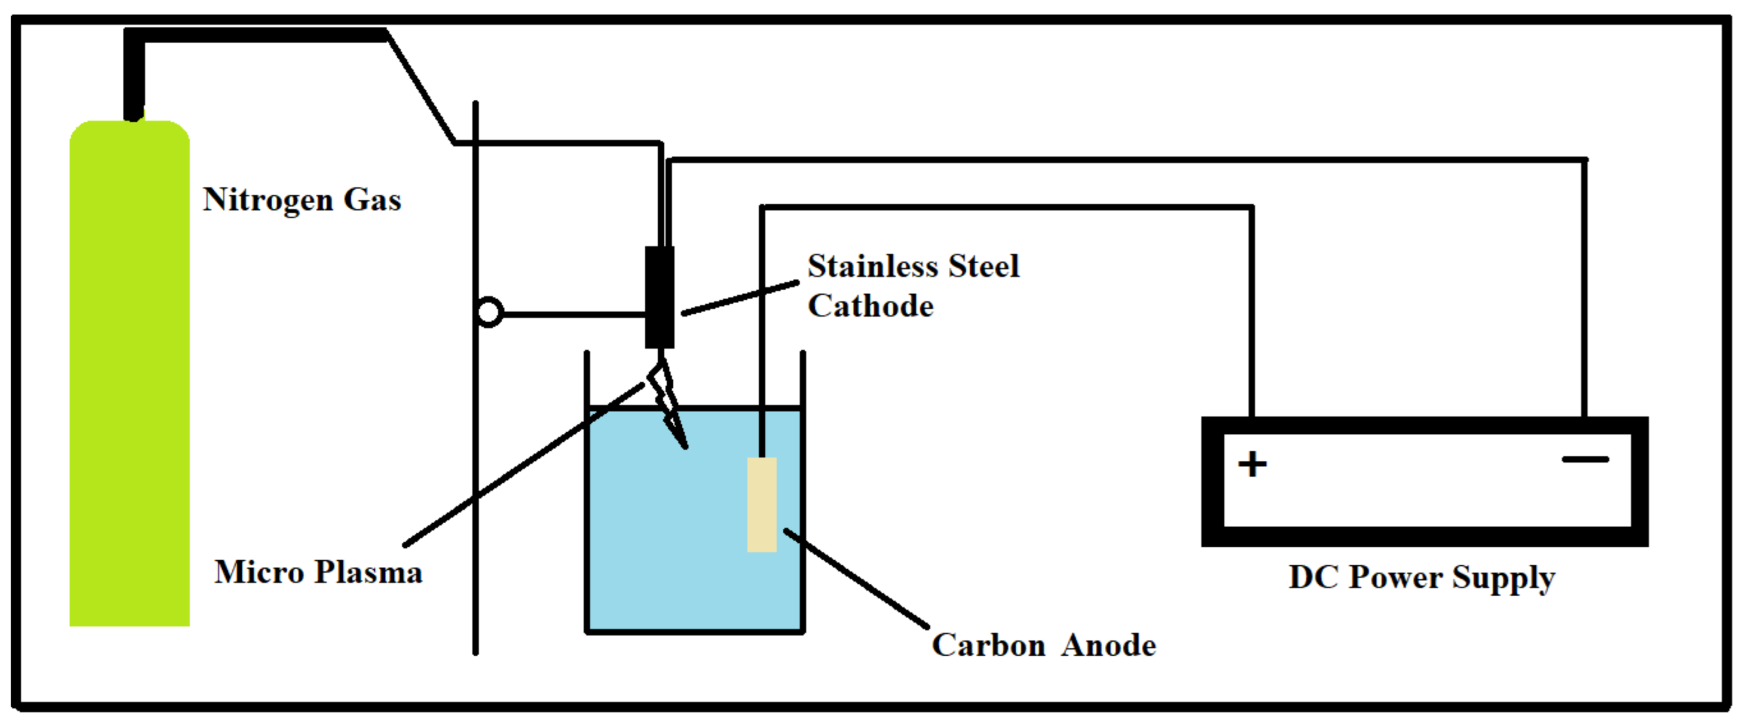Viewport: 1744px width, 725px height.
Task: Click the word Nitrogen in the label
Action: pos(268,201)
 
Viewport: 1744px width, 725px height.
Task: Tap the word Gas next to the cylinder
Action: pos(372,200)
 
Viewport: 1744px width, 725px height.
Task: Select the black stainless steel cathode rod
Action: pos(659,298)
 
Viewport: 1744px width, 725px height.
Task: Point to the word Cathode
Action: pos(870,306)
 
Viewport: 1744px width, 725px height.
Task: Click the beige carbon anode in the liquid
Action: pos(762,505)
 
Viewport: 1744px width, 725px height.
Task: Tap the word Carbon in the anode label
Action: pos(988,645)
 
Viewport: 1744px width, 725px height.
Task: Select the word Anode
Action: pos(1108,645)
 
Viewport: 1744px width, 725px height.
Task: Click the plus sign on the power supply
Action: pos(1252,465)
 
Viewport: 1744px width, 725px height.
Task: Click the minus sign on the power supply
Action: pos(1585,460)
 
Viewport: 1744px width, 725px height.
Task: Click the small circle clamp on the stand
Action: pos(489,313)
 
